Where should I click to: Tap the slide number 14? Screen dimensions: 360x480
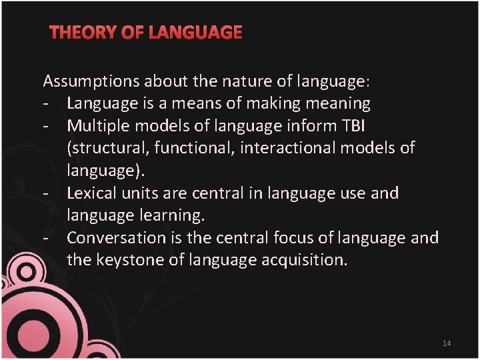pyautogui.click(x=446, y=343)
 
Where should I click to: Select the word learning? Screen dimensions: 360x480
pyautogui.click(x=178, y=216)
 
